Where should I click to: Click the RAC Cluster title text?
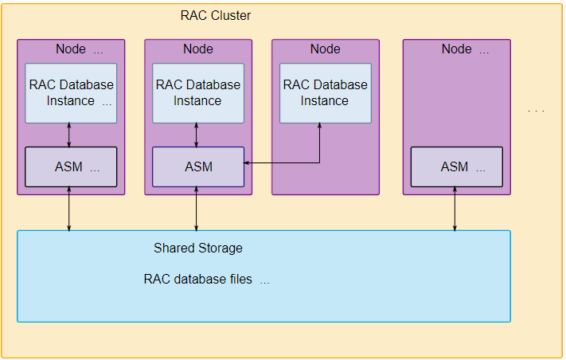[x=216, y=15]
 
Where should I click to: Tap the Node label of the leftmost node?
[x=79, y=49]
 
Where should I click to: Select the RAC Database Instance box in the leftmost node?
[x=71, y=93]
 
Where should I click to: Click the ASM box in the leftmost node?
[x=71, y=167]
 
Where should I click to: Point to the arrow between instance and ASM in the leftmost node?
[x=71, y=135]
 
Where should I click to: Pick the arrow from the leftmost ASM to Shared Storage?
[x=71, y=209]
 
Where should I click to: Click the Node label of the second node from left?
[x=198, y=49]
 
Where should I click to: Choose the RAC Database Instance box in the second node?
[x=197, y=93]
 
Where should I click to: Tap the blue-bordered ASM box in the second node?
[x=198, y=167]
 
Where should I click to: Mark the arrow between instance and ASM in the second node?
[x=197, y=135]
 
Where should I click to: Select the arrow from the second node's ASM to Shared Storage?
[x=197, y=209]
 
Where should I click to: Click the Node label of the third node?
[x=325, y=49]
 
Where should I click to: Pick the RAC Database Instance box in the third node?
[x=325, y=93]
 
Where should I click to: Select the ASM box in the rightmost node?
[x=456, y=167]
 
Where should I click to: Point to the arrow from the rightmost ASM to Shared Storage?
[x=455, y=209]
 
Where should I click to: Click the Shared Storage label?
[x=197, y=248]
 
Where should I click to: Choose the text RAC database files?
[x=197, y=280]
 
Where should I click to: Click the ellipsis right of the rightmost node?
[x=537, y=110]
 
